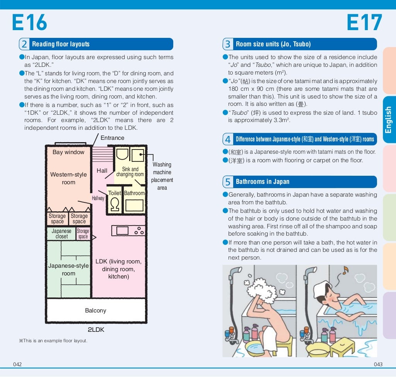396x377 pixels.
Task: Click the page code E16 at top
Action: coord(29,23)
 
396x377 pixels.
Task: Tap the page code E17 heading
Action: coord(364,23)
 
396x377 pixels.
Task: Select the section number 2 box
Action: coord(24,44)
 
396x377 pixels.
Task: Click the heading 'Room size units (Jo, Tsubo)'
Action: coord(273,44)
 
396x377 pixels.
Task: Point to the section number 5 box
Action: coord(228,182)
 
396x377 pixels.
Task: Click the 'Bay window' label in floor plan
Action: coord(68,152)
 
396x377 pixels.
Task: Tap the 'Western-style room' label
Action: coord(68,178)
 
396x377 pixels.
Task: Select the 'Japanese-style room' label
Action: coord(68,270)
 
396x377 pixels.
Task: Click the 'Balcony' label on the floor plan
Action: coord(96,311)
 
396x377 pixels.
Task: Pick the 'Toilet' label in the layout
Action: coord(114,193)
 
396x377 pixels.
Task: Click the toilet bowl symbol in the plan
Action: coord(114,204)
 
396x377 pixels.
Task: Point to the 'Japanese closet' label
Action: coord(61,234)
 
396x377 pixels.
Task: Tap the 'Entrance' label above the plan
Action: coord(113,138)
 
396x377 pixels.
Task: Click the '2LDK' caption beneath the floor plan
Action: coord(96,330)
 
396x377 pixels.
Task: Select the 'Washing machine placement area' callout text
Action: coord(162,176)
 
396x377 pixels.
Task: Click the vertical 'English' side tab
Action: coord(389,120)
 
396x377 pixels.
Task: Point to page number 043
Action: coord(378,365)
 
